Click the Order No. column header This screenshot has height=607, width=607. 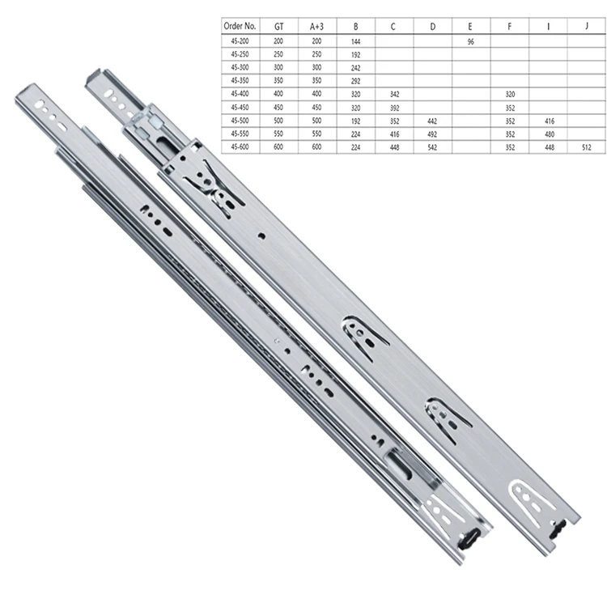pos(240,27)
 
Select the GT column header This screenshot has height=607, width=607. pos(278,27)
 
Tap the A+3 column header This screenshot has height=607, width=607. pos(316,27)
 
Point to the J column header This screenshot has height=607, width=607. pos(587,27)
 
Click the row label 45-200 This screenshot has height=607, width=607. pos(240,41)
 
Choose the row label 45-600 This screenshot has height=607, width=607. pos(240,146)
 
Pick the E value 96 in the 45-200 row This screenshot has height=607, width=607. pos(470,42)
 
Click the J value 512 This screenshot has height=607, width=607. pos(587,147)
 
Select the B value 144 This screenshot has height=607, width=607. pos(356,42)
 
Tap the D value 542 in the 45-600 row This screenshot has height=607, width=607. pos(432,147)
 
